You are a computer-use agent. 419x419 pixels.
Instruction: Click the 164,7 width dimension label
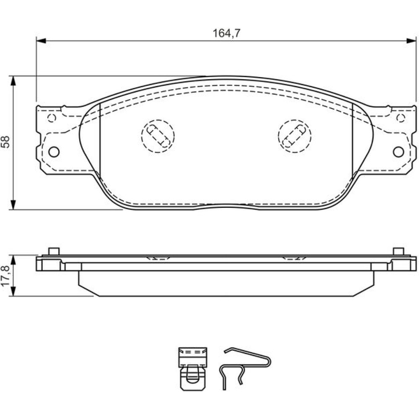[x=227, y=34]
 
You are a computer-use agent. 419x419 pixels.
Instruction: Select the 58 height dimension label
[x=5, y=142]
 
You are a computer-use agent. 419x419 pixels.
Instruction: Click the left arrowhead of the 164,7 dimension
[x=41, y=41]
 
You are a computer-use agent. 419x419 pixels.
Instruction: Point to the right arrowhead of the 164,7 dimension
[x=411, y=41]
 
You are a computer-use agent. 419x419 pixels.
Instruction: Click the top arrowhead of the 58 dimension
[x=13, y=81]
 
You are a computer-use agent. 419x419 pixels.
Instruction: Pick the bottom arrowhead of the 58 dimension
[x=13, y=205]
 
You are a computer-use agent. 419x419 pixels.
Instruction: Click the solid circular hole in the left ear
[x=54, y=152]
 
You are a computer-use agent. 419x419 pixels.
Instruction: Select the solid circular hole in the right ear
[x=398, y=152]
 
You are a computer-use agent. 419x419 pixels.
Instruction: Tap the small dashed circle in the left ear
[x=52, y=118]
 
